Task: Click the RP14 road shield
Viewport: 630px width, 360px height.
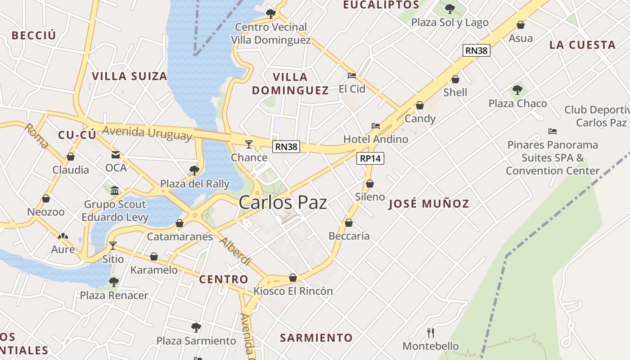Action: tap(370, 158)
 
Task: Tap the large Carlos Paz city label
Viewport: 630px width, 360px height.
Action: tap(283, 202)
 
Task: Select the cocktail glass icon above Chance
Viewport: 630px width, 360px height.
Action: tap(249, 144)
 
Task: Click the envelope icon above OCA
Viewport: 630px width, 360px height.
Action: tap(116, 155)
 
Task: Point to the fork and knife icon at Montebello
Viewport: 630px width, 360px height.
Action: tap(431, 333)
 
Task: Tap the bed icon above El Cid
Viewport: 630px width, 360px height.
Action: tap(352, 76)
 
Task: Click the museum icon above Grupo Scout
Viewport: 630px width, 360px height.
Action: tap(115, 190)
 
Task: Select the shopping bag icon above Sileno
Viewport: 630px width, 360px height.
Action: tap(370, 184)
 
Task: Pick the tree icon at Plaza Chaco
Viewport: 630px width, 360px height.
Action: tap(517, 90)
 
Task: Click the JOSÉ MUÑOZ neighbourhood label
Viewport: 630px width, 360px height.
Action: tap(429, 204)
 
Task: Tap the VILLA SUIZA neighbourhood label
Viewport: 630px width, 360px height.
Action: tap(130, 76)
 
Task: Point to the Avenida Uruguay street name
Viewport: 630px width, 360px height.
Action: tap(147, 133)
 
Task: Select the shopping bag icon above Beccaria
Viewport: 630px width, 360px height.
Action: tap(349, 223)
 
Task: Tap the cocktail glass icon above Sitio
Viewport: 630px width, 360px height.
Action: tap(113, 245)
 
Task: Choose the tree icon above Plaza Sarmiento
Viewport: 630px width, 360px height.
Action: tap(196, 327)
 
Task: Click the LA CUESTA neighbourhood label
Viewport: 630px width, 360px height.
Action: tap(582, 45)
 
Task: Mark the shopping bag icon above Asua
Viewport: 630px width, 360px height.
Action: tap(521, 25)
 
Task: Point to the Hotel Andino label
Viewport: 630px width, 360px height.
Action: tap(376, 139)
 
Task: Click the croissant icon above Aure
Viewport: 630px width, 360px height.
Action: tap(63, 236)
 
